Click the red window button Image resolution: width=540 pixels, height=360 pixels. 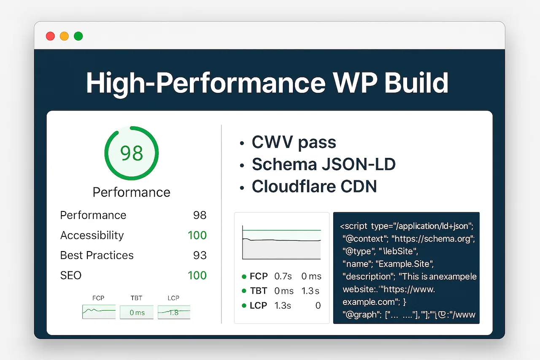click(50, 36)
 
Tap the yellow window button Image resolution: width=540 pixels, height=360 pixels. click(64, 36)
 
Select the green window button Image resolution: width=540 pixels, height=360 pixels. click(78, 36)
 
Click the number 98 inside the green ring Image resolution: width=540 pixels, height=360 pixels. click(132, 153)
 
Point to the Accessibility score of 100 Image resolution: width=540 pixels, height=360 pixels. click(197, 235)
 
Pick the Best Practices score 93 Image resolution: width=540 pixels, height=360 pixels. click(200, 255)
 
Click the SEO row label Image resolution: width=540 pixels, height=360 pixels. click(71, 276)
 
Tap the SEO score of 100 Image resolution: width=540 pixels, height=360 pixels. click(197, 276)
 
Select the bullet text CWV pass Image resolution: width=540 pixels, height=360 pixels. click(294, 143)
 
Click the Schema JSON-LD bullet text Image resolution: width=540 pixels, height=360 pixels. click(324, 165)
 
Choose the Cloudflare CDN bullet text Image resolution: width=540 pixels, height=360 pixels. click(314, 187)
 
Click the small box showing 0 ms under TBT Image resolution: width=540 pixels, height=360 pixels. click(137, 312)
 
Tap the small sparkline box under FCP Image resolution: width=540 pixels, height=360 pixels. click(99, 312)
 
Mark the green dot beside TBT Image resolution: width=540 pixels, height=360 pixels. click(244, 291)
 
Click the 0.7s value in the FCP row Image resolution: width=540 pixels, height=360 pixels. click(283, 276)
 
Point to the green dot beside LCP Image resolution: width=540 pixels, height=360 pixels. click(244, 306)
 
